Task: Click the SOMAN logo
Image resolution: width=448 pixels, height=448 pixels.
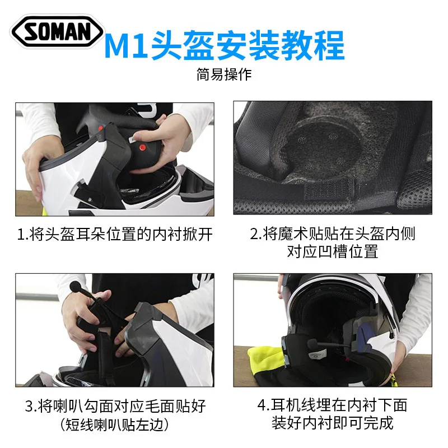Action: point(57,31)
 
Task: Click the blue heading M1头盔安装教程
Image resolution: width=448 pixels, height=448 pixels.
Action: point(225,45)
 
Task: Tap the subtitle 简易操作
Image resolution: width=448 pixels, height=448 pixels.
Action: point(224,74)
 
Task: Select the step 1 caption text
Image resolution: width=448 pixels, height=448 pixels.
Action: point(115,234)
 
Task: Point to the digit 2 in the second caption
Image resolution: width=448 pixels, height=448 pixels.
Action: point(254,234)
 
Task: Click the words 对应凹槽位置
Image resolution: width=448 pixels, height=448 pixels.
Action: point(333,251)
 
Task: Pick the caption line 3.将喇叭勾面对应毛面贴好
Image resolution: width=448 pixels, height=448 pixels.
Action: point(115,405)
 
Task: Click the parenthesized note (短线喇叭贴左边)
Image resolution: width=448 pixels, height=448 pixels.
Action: point(115,424)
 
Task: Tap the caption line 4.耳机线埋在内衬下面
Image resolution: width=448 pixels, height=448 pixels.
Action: point(332,405)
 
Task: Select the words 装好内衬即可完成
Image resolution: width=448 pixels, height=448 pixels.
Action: point(333,423)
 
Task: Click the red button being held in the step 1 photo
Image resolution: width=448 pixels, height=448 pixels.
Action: point(142,148)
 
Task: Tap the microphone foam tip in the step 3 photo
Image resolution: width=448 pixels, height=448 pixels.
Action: point(75,285)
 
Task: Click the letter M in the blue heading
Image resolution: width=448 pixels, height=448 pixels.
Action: point(119,46)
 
